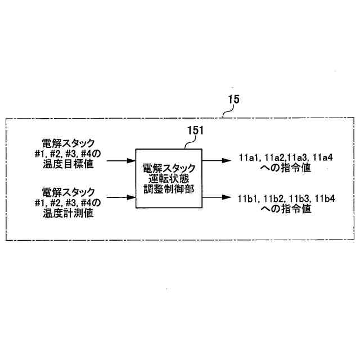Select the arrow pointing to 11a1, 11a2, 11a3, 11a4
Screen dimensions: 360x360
pos(217,161)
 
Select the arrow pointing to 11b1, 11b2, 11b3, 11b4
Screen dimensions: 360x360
pos(217,197)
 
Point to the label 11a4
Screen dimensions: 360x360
pos(323,158)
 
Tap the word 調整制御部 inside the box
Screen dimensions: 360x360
pos(169,190)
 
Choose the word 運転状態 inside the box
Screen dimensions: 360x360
pos(169,179)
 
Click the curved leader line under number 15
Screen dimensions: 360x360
pos(226,114)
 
